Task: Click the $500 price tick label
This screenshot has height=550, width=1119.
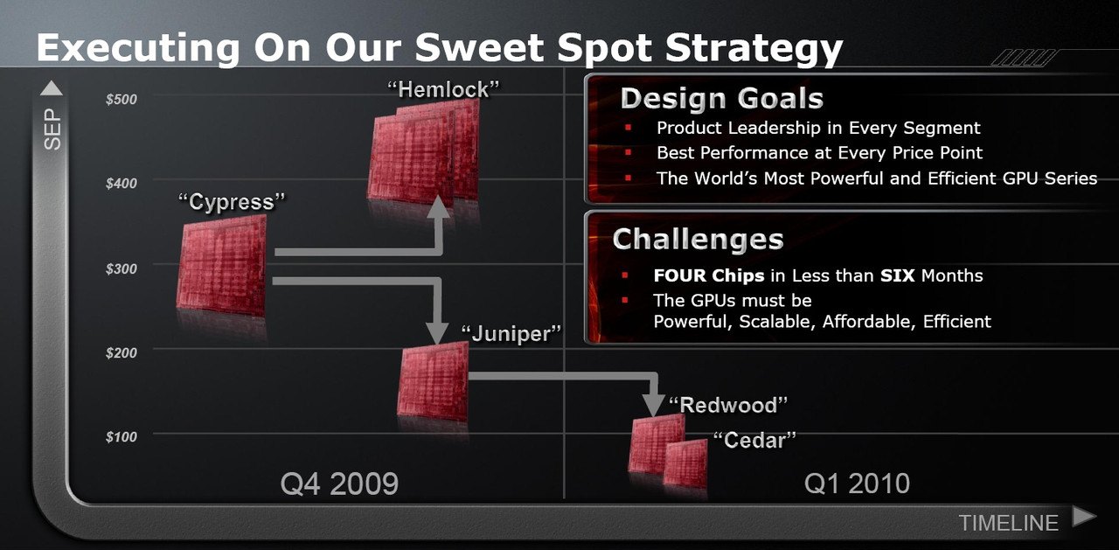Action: click(x=122, y=99)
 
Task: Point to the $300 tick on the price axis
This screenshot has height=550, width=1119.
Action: click(x=122, y=268)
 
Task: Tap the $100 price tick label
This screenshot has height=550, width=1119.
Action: click(x=122, y=437)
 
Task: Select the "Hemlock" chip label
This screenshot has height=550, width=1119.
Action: click(x=443, y=90)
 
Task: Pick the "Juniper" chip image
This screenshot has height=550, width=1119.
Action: click(x=433, y=381)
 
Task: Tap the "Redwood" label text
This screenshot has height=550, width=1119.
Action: click(x=728, y=405)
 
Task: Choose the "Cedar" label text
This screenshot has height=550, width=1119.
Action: click(x=754, y=440)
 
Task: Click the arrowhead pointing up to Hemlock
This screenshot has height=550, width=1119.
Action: click(x=439, y=206)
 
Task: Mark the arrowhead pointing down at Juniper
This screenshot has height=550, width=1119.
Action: click(x=437, y=332)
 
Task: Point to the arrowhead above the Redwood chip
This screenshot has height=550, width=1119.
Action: click(x=653, y=405)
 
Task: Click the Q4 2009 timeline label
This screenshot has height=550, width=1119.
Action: click(x=339, y=484)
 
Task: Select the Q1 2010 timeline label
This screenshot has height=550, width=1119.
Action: click(x=857, y=484)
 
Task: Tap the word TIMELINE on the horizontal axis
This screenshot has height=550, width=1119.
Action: click(x=1009, y=524)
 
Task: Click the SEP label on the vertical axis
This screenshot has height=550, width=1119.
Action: click(x=52, y=129)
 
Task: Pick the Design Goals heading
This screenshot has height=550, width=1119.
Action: click(x=722, y=99)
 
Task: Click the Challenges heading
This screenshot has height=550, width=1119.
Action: click(x=698, y=240)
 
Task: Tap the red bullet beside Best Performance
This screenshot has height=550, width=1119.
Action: click(x=628, y=152)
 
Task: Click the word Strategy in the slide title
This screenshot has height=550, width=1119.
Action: click(x=754, y=49)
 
